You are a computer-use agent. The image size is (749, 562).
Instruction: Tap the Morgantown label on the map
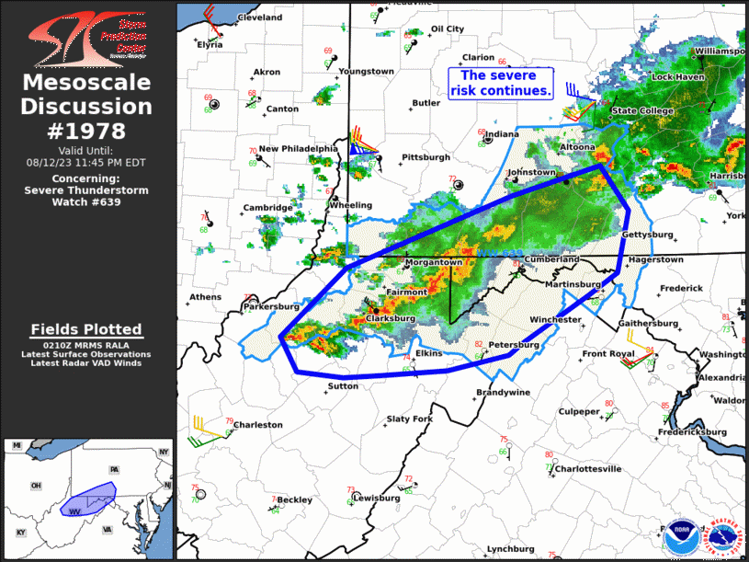point(434,262)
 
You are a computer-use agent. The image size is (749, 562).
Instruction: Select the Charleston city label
point(258,425)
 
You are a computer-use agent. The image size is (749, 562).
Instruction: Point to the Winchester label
point(555,320)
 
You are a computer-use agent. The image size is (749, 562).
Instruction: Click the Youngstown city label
point(366,72)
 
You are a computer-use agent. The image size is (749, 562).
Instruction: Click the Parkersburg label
point(272,305)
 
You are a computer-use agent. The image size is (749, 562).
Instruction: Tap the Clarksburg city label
point(392,318)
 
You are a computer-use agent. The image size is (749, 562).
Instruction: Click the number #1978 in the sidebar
point(87,131)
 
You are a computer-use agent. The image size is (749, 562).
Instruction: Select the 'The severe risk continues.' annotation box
point(501,84)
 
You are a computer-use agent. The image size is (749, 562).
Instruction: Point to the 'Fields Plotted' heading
point(86,329)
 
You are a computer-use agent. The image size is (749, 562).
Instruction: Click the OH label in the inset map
point(36,486)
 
